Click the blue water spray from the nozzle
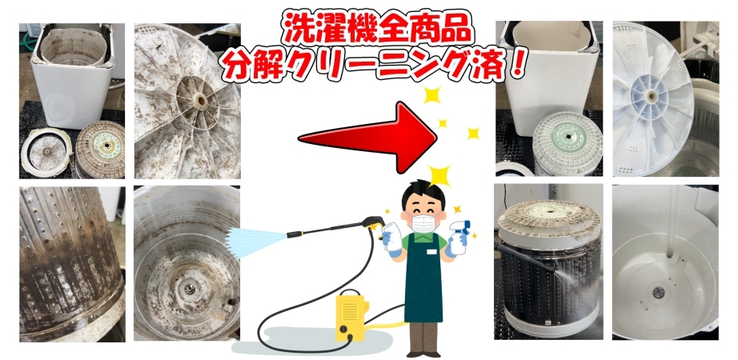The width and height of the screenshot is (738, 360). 257,241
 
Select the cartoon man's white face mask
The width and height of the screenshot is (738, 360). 423,222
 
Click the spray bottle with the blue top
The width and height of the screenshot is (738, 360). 459,237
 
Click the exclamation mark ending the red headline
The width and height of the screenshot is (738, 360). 517,63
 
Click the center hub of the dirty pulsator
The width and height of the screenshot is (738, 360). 199,100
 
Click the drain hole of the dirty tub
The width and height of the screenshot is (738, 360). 189,289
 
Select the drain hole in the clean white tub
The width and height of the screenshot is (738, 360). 659,292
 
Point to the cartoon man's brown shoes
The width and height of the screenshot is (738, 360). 423,353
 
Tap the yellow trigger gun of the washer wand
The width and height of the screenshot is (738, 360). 374,222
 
